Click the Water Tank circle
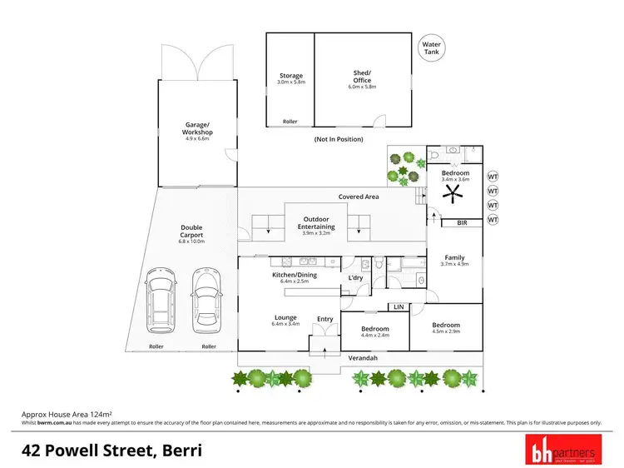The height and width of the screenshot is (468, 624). [431, 48]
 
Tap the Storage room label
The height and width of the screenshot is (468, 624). [290, 77]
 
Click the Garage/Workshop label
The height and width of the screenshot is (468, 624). [198, 129]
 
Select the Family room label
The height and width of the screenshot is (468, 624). [454, 258]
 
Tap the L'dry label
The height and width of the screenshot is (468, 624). [356, 277]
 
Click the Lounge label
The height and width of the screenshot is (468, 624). [286, 317]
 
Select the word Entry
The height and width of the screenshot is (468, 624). [324, 318]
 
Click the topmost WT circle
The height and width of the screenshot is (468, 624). [493, 177]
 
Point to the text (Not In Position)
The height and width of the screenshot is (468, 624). [338, 138]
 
